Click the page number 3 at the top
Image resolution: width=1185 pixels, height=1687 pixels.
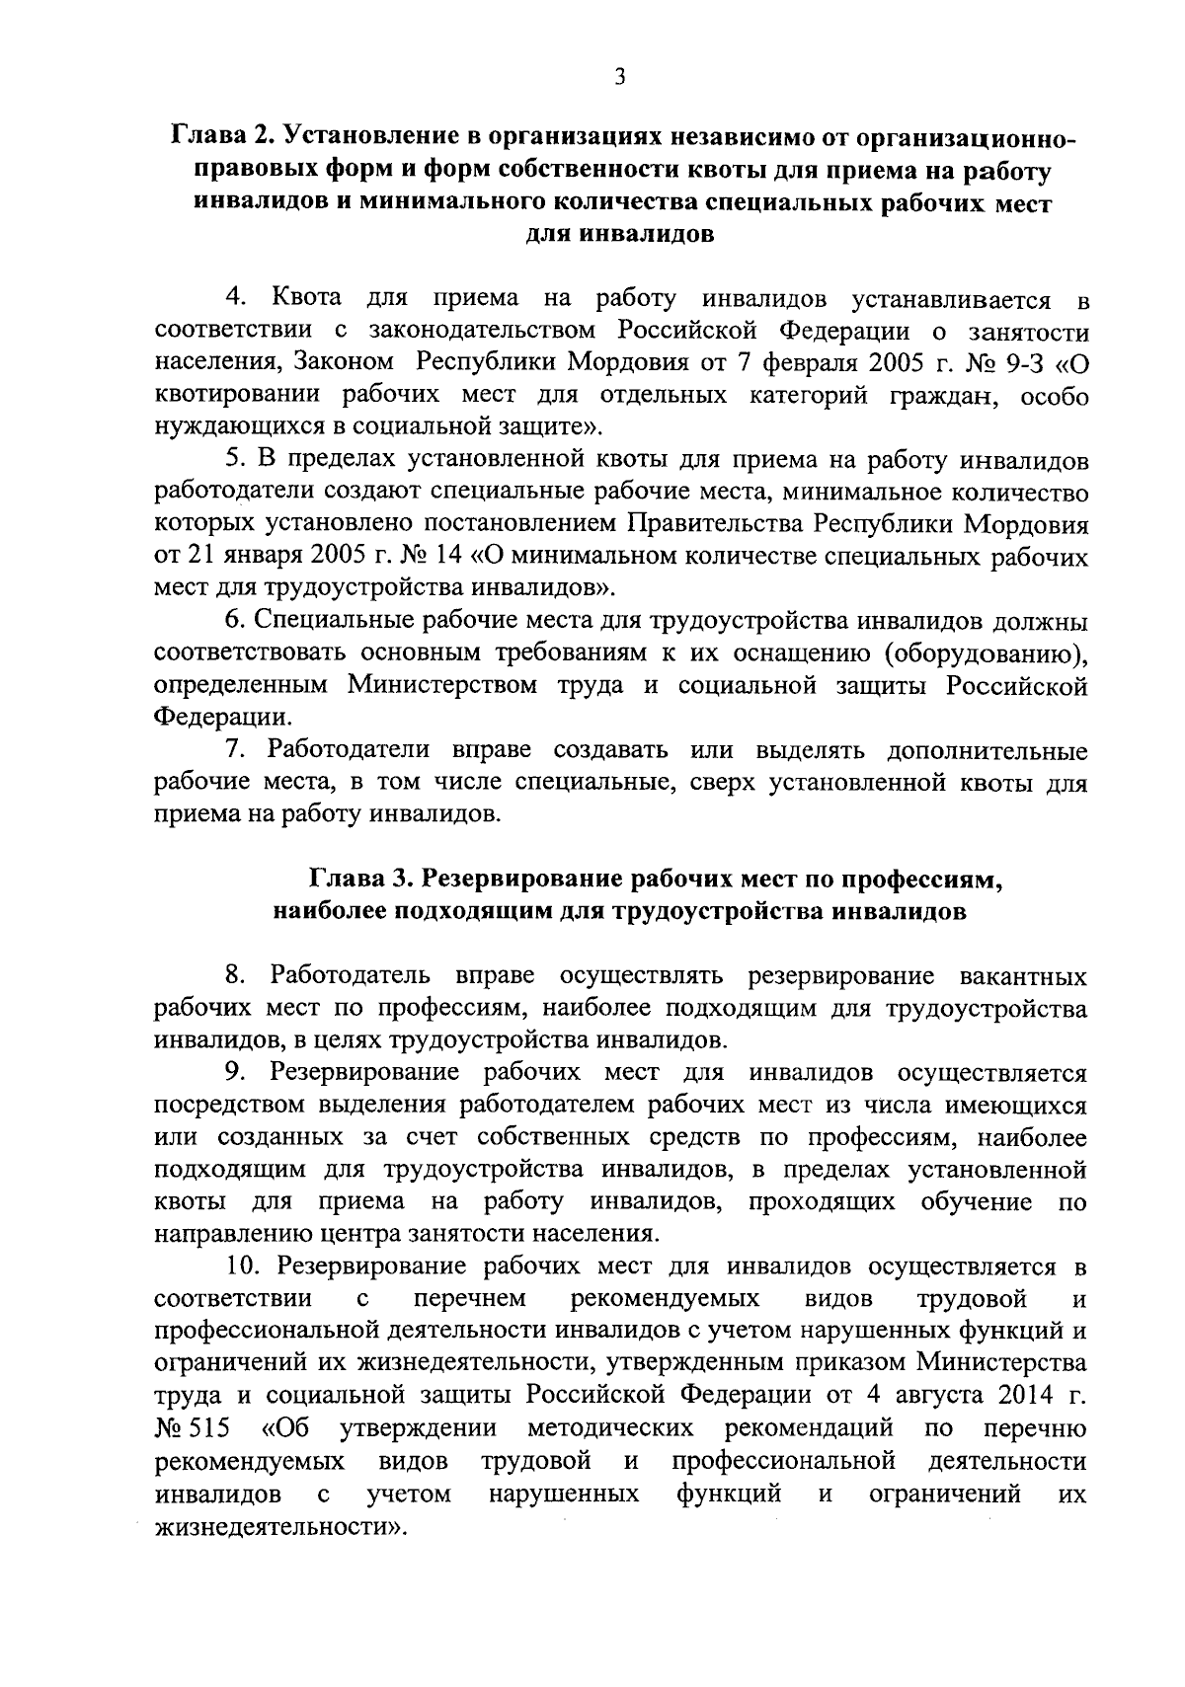pyautogui.click(x=619, y=77)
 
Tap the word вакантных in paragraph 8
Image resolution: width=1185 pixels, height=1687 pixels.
pyautogui.click(x=1023, y=976)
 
